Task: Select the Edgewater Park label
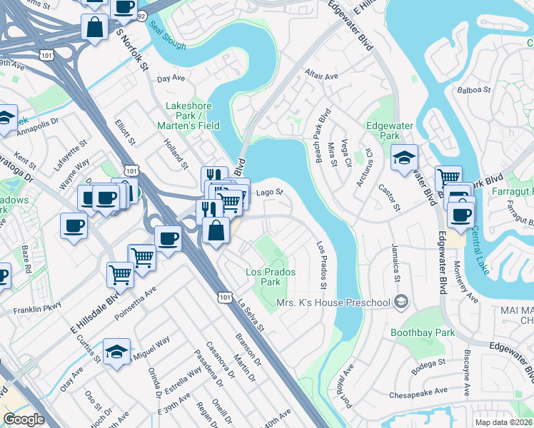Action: click(x=388, y=131)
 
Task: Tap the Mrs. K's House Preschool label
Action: click(x=333, y=302)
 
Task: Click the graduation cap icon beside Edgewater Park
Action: click(x=404, y=158)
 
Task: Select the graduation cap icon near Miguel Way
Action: click(x=117, y=352)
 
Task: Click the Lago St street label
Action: click(x=270, y=192)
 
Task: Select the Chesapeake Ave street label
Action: click(x=418, y=392)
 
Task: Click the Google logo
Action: click(x=24, y=419)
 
